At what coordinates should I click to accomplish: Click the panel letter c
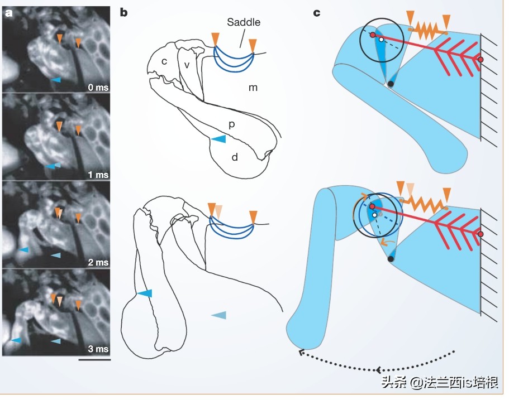click(x=317, y=12)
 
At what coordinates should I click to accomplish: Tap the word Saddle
click(x=244, y=23)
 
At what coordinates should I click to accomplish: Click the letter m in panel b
click(x=253, y=88)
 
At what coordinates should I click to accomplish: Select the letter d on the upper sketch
click(x=235, y=158)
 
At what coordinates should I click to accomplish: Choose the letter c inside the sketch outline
click(x=164, y=61)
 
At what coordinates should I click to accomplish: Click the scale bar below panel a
click(x=95, y=360)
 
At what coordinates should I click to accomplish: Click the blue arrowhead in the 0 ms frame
click(x=55, y=80)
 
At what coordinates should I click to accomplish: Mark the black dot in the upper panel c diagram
click(x=391, y=84)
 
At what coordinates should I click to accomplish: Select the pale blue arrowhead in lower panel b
click(x=219, y=316)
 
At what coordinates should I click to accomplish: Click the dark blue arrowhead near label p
click(x=220, y=138)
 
